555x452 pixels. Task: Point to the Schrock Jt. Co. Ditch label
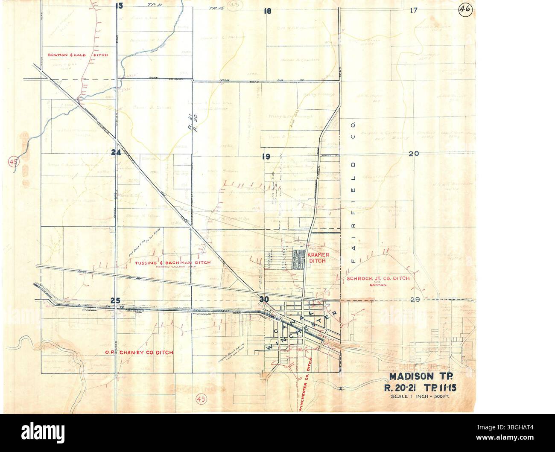[378, 278]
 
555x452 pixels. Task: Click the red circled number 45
[14, 162]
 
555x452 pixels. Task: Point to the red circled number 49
[201, 399]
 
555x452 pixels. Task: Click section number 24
[115, 153]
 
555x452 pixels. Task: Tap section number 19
[266, 157]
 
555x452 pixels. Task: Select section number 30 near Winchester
[264, 299]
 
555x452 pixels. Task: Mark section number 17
[413, 10]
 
